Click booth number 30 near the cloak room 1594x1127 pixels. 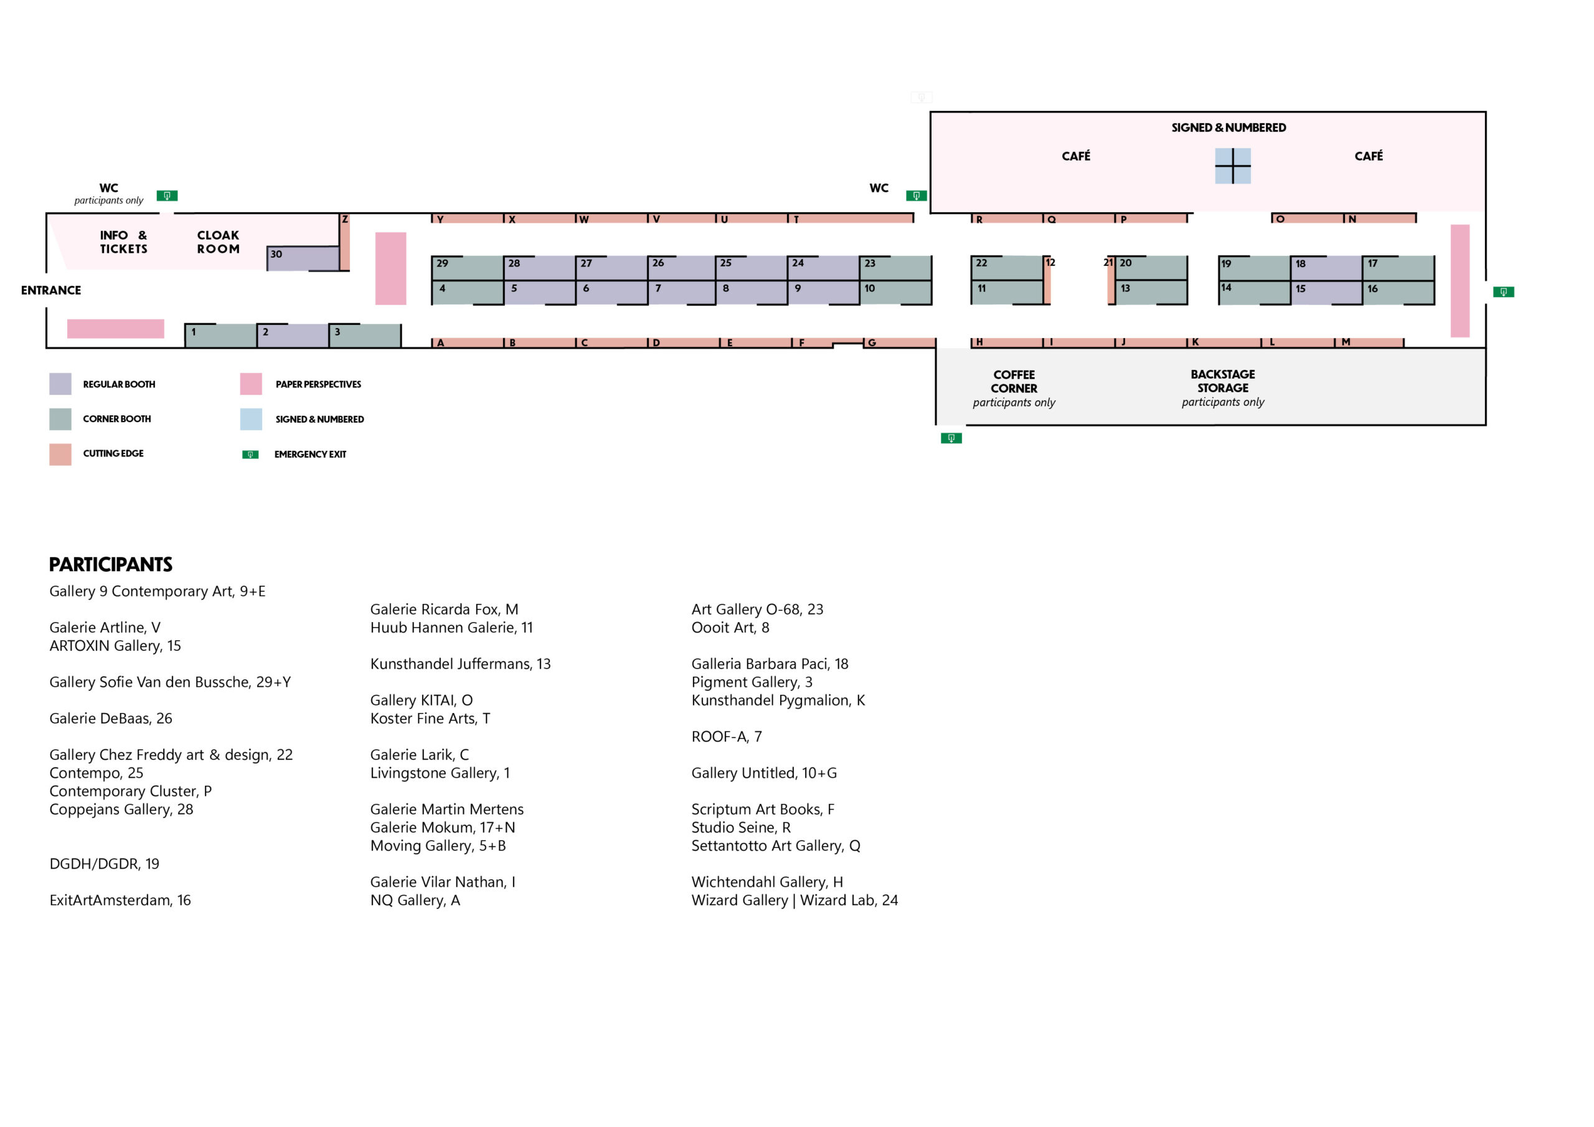(303, 258)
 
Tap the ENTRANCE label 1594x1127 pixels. (50, 290)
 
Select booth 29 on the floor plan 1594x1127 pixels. (467, 267)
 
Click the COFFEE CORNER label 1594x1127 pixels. (1014, 382)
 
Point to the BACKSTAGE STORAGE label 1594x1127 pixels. (1222, 381)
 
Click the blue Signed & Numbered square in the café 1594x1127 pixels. (1232, 166)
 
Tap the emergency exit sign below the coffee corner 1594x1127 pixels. (951, 438)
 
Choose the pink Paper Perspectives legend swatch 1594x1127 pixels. (251, 384)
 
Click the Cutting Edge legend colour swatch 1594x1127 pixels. (60, 454)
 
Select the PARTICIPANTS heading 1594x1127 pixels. (111, 565)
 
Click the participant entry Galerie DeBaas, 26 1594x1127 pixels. (111, 719)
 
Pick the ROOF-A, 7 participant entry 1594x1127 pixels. (726, 737)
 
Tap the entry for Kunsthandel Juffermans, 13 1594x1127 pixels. (460, 664)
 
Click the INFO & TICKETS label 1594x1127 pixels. (123, 242)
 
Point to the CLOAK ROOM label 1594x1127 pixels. (218, 242)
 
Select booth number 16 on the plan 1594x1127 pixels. (1397, 293)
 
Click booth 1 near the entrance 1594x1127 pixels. (220, 336)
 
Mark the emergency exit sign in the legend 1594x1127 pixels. (250, 455)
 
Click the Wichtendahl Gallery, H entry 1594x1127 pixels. (767, 882)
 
